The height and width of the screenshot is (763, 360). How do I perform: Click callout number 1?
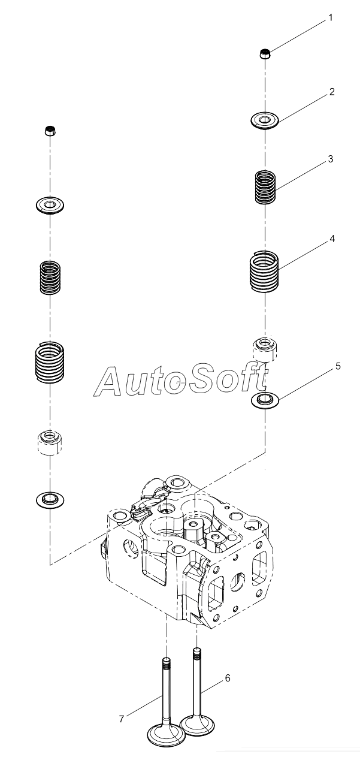tap(329, 18)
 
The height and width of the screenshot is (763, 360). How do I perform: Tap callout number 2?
tap(332, 92)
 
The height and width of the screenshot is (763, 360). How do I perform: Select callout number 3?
tap(330, 159)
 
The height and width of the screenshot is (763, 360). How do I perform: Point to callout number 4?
tap(332, 239)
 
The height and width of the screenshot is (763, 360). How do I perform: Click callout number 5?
tap(338, 366)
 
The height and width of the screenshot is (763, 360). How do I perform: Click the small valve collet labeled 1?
tap(265, 54)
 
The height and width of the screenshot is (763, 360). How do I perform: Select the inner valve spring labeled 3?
tap(265, 188)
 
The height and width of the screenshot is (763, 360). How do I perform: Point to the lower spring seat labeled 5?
tap(265, 400)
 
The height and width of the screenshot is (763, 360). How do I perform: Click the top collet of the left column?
tap(50, 131)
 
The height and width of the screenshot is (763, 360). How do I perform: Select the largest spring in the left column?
tap(50, 361)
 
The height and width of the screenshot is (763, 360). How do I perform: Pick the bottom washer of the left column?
tap(50, 500)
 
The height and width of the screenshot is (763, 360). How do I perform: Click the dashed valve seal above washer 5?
tap(265, 350)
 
